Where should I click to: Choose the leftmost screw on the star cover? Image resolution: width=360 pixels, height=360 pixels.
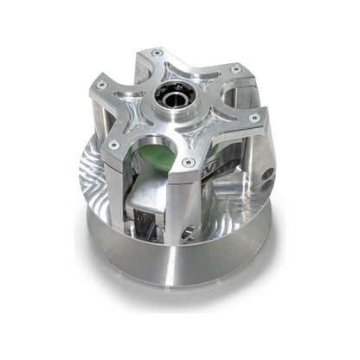102,84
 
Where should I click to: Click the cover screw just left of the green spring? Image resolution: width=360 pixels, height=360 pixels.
114,144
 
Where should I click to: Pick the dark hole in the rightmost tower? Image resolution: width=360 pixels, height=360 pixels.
268,173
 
